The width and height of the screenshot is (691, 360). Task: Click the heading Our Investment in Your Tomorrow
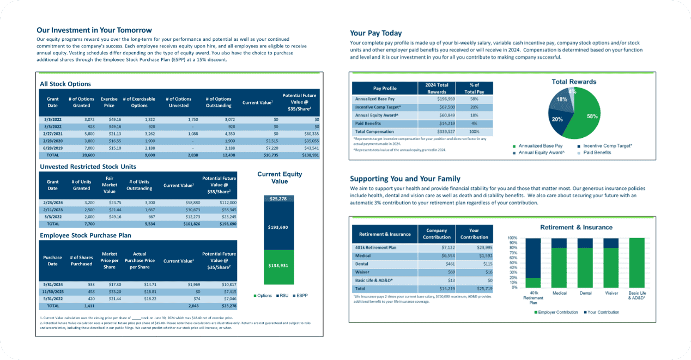coord(94,30)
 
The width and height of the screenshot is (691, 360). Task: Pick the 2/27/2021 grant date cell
coord(53,133)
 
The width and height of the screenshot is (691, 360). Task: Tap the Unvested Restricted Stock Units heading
coord(88,167)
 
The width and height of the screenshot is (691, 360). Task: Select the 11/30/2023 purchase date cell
coord(53,292)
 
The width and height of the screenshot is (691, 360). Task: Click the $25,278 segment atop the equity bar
coord(279,199)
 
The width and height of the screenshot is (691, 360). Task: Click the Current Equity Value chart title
coord(280,178)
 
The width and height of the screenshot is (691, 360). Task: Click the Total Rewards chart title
coord(574,82)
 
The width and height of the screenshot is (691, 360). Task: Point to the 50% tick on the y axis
coord(512,263)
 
